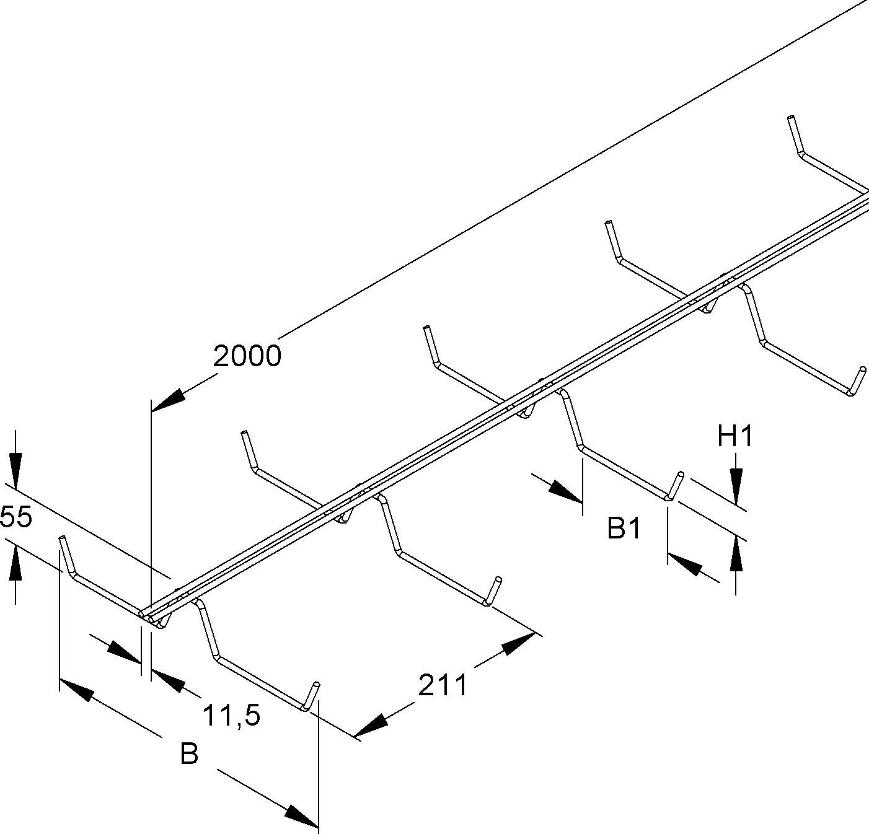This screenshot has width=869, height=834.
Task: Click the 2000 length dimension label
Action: point(247,356)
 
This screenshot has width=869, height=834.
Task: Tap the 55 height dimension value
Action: point(15,517)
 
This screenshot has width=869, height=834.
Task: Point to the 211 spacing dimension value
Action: point(443,685)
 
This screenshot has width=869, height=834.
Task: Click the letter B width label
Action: point(189,755)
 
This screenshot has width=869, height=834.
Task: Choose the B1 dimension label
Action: point(624,529)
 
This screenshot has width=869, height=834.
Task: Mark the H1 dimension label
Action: point(735,437)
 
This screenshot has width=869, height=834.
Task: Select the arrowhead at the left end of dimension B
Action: point(76,690)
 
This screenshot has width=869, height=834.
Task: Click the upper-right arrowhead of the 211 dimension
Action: point(518,644)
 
